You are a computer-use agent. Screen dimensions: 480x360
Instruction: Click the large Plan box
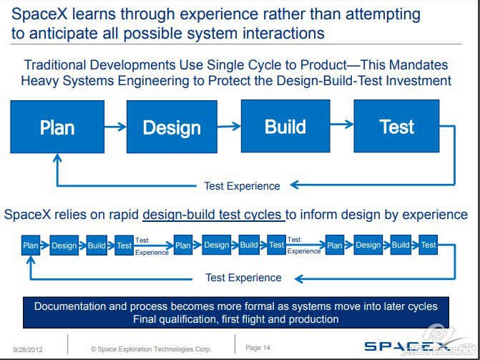point(57,127)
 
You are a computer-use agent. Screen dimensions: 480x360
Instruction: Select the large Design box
point(172,127)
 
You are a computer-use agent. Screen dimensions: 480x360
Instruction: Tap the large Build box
point(285,126)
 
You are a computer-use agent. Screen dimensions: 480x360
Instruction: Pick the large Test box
point(396,126)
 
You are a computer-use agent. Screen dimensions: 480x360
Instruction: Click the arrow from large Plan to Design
point(115,127)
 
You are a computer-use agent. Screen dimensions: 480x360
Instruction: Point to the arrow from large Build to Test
point(342,124)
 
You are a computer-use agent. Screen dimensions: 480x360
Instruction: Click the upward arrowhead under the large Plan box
point(57,157)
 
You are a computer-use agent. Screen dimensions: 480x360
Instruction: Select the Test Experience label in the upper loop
point(242,186)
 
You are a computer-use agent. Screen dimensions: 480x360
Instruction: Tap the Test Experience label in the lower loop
point(243,278)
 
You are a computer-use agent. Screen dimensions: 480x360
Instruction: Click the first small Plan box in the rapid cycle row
point(31,245)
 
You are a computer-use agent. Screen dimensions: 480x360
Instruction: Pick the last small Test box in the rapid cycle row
point(428,245)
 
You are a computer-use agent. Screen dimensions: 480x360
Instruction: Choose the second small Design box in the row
point(217,245)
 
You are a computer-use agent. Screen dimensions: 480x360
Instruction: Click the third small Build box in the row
point(401,245)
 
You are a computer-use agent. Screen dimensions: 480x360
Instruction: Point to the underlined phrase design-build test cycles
point(213,215)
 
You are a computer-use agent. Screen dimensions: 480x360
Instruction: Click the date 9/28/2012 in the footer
point(28,349)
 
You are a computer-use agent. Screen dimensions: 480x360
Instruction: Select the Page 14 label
point(258,348)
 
